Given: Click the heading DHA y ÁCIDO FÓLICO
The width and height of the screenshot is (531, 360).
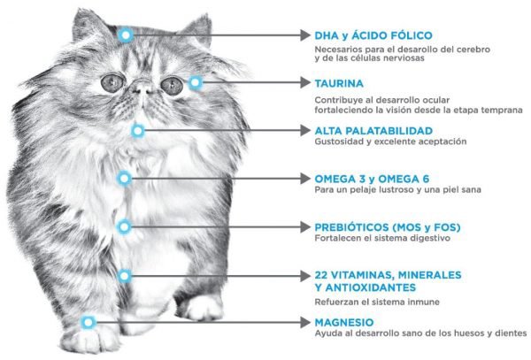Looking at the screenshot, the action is click(x=373, y=35).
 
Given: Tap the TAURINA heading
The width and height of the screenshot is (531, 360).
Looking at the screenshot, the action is click(x=339, y=83).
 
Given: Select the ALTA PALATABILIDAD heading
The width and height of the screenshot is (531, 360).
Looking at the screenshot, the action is click(x=373, y=131).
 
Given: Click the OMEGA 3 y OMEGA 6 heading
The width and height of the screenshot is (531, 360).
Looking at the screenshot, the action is click(x=372, y=179).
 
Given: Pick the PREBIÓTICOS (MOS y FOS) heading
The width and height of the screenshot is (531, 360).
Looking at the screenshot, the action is click(x=388, y=227).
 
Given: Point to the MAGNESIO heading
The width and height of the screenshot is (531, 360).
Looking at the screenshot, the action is click(x=344, y=322).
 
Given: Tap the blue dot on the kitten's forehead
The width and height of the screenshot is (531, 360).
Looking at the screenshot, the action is click(x=126, y=34).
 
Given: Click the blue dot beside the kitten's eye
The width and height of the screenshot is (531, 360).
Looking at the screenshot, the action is click(x=195, y=82).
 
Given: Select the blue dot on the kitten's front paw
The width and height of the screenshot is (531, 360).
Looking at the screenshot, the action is click(x=88, y=322).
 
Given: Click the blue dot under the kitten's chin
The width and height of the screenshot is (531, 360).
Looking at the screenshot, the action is click(x=138, y=131).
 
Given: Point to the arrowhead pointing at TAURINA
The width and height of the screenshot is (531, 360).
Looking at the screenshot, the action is click(x=305, y=82).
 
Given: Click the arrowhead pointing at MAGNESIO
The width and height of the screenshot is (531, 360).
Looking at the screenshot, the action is click(x=305, y=322).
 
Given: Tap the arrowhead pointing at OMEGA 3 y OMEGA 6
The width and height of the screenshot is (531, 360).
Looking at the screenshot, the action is click(x=305, y=179).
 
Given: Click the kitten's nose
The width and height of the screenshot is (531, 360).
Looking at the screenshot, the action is click(x=142, y=88).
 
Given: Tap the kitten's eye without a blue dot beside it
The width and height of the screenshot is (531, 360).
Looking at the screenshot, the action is click(x=112, y=82).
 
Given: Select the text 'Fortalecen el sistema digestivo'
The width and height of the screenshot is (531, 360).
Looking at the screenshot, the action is click(x=382, y=238).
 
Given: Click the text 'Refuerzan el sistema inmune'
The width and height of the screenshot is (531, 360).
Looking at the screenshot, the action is click(x=377, y=302).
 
